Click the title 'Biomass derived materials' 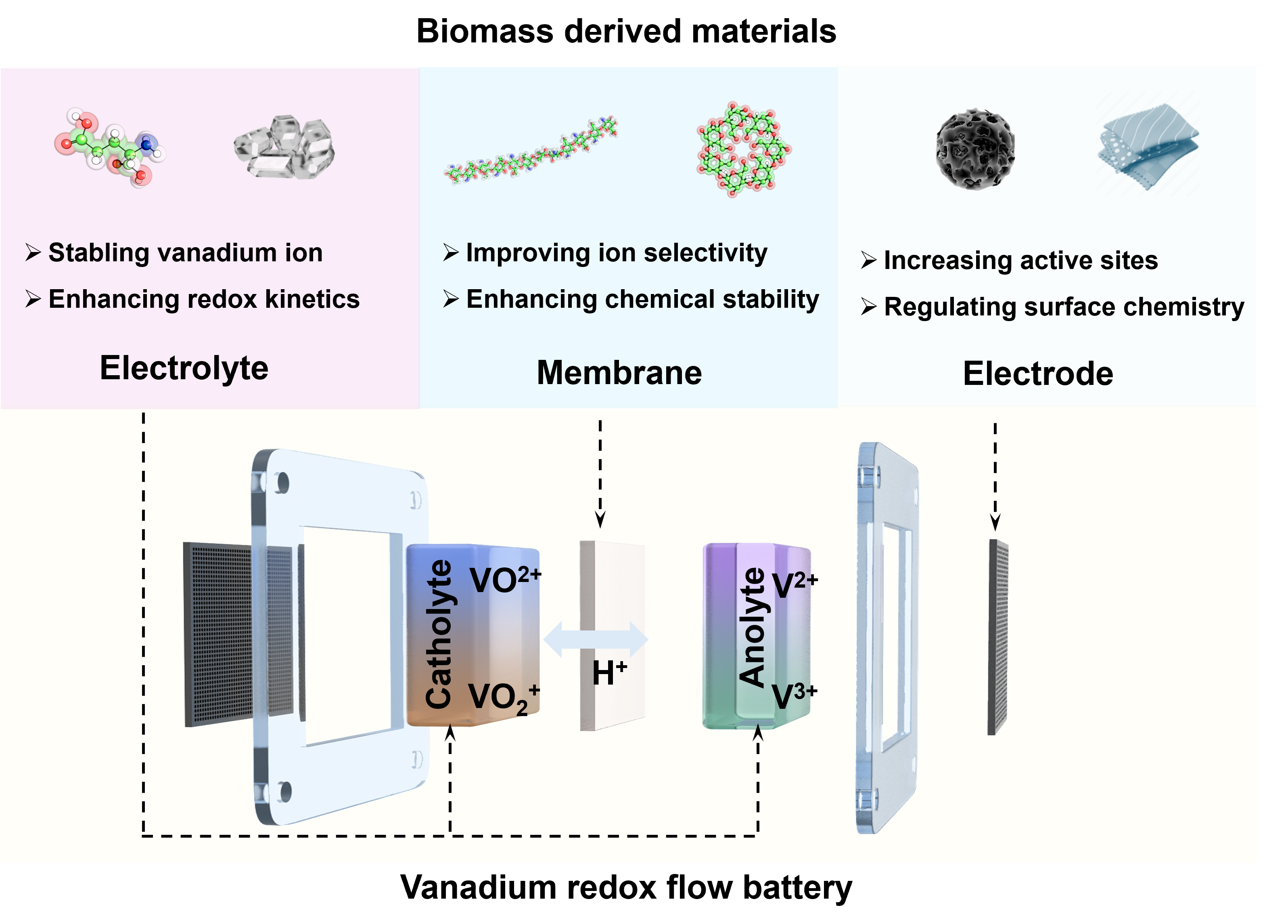pyautogui.click(x=626, y=31)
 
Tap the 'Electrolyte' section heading pyautogui.click(x=184, y=368)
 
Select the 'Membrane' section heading pyautogui.click(x=619, y=373)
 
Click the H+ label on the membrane pyautogui.click(x=609, y=673)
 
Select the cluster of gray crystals pyautogui.click(x=284, y=147)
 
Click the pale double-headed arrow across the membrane pyautogui.click(x=596, y=640)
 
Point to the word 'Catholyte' pyautogui.click(x=439, y=634)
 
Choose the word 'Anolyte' pyautogui.click(x=753, y=627)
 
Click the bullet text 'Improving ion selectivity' pyautogui.click(x=616, y=253)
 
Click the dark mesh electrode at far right pyautogui.click(x=998, y=637)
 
